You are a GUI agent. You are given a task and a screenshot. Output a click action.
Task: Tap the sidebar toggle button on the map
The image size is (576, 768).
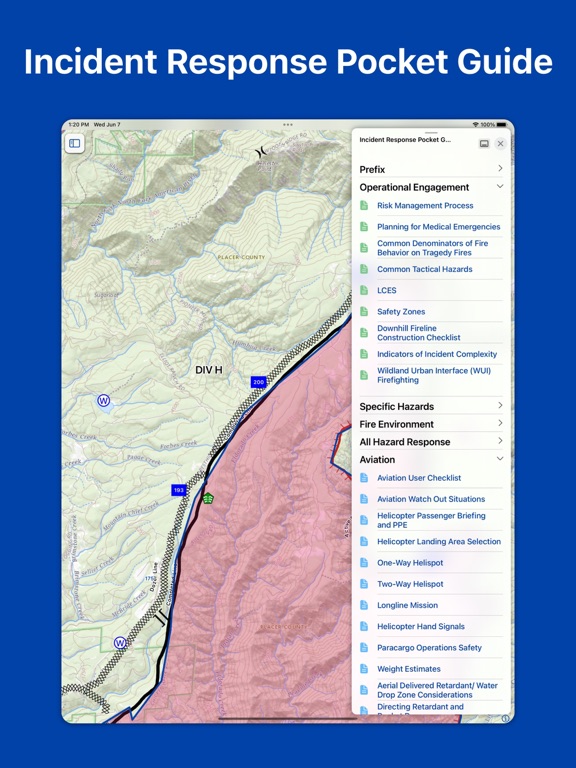click(74, 144)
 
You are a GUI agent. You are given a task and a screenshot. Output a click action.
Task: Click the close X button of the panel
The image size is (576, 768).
click(500, 144)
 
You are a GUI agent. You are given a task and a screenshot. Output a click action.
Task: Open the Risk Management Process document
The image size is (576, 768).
click(425, 206)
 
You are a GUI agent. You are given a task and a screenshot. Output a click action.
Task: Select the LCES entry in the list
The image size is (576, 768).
click(386, 291)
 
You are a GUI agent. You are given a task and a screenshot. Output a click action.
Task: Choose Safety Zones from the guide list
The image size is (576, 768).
click(401, 312)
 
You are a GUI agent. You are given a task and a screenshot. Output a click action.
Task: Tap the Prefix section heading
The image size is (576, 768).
click(372, 170)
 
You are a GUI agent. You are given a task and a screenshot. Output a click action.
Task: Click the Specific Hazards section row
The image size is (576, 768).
click(397, 407)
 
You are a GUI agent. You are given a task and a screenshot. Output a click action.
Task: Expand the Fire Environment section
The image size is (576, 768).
click(397, 425)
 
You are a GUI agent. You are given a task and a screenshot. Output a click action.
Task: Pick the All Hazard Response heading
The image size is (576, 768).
click(405, 442)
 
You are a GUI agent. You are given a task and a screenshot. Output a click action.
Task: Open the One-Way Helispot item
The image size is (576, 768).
click(410, 563)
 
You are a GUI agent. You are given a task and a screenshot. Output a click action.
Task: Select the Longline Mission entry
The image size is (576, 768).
click(407, 606)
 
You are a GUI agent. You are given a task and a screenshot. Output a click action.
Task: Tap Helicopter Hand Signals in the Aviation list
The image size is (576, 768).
click(421, 627)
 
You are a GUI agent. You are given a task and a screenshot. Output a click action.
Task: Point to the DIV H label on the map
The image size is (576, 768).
click(209, 370)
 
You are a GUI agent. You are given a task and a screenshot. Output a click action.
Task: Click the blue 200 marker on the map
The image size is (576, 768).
click(258, 382)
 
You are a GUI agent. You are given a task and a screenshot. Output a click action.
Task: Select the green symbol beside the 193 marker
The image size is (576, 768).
click(208, 498)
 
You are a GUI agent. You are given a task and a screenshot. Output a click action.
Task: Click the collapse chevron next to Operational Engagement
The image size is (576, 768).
click(500, 187)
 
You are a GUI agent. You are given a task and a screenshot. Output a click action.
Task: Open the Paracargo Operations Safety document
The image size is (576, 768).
click(429, 648)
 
